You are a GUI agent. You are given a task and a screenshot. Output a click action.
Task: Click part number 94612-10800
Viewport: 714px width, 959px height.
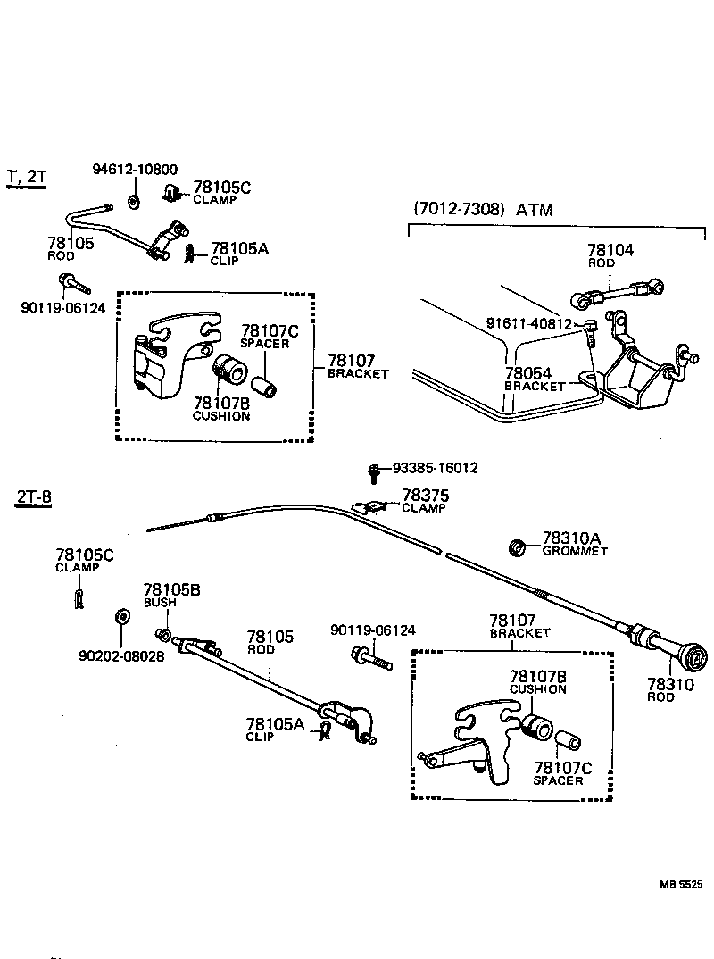click(135, 170)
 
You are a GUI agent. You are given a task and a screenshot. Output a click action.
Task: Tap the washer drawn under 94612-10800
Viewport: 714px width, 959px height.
click(132, 201)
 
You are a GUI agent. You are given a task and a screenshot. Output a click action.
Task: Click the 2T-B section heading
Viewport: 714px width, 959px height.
click(33, 498)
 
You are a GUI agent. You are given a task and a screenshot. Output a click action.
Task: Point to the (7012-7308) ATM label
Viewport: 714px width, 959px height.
click(482, 210)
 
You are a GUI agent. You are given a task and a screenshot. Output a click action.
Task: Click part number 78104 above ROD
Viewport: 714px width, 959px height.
click(610, 251)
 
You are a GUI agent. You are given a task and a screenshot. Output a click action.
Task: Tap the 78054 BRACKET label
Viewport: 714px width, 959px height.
click(535, 379)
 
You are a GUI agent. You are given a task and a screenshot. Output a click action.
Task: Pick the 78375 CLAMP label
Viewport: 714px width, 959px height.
click(426, 500)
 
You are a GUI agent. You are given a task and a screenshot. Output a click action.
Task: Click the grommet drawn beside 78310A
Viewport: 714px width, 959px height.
click(515, 545)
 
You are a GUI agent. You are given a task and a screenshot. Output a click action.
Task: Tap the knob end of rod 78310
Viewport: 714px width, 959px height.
click(693, 661)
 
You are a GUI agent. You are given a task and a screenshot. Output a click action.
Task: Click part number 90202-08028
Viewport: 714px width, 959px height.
click(123, 655)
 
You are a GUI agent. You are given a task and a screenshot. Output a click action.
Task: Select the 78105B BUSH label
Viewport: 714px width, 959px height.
click(160, 595)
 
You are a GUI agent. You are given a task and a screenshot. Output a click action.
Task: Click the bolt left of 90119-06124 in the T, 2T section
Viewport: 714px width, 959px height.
click(74, 285)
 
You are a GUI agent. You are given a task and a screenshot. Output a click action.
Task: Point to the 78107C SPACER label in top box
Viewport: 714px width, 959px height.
click(269, 337)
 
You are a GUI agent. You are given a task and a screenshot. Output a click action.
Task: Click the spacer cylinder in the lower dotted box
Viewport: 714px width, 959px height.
click(569, 741)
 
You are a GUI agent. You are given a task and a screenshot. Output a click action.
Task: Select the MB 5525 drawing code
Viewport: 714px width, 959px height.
click(681, 884)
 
